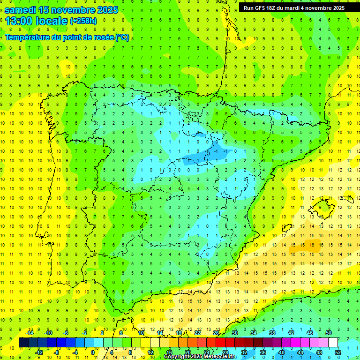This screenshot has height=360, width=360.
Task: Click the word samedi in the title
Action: pyautogui.click(x=22, y=10)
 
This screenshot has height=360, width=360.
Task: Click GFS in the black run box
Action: pyautogui.click(x=262, y=8)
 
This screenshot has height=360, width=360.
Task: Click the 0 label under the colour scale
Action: pyautogui.click(x=92, y=352)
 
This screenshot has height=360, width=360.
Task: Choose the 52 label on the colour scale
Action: pyautogui.click(x=338, y=352)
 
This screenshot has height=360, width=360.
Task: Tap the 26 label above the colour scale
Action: pyautogui.click(x=216, y=333)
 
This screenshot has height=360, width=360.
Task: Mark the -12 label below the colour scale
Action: pyautogui.click(x=39, y=352)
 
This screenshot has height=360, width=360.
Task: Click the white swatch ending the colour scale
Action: pyautogui.click(x=333, y=343)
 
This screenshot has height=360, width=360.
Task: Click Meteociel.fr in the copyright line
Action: pyautogui.click(x=220, y=357)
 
